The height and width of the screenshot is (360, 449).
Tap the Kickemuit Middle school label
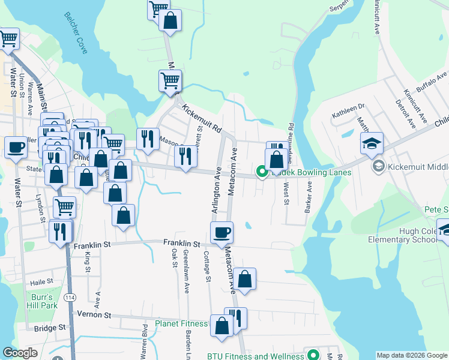(414, 165)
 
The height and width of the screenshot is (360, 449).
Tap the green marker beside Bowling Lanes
(262, 172)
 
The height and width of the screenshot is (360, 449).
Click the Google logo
(20, 353)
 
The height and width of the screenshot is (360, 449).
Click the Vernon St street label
(94, 314)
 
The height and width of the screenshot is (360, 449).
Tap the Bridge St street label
(49, 328)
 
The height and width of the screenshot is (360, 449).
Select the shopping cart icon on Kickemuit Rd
(170, 80)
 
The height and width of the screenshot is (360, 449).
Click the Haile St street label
(42, 281)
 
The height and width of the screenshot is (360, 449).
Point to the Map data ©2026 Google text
(411, 355)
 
